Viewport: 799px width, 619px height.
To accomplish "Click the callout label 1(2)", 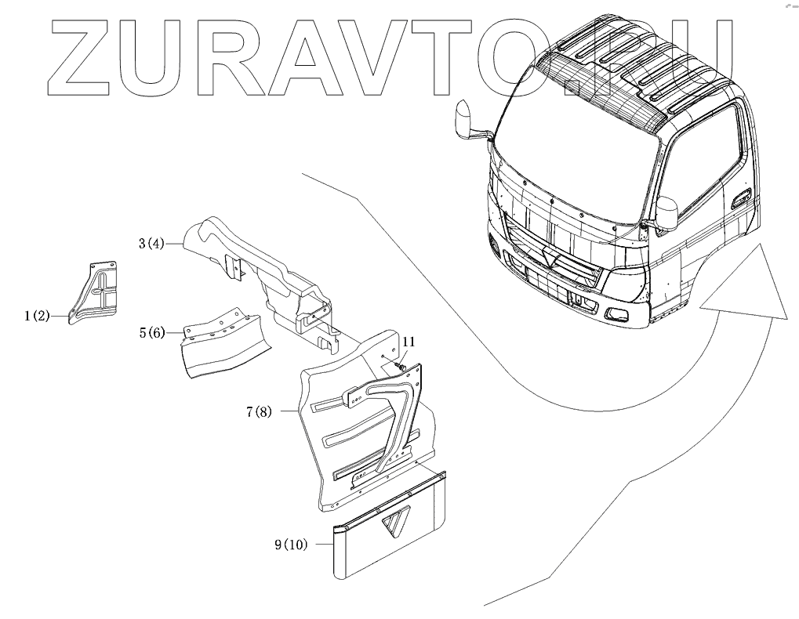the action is point(36,317).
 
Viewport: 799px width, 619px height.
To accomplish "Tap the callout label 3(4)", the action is point(151,244).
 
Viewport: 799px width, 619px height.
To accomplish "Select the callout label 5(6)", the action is point(151,333).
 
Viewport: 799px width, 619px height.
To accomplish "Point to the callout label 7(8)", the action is point(260,411).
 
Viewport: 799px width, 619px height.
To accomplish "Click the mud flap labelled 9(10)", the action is point(388,541).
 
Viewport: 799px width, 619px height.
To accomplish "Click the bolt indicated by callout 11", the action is point(402,364).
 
